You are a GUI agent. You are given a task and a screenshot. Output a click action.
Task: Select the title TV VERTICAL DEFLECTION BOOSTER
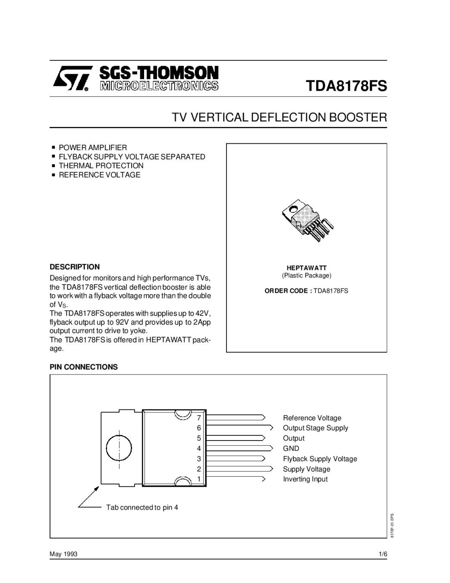(280, 117)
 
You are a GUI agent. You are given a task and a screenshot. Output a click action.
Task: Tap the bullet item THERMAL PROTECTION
(101, 166)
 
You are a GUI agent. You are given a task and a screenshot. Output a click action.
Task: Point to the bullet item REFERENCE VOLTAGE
(99, 175)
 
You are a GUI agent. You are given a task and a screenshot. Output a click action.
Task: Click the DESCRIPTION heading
(75, 267)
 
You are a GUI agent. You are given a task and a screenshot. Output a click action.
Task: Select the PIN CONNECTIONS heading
(84, 367)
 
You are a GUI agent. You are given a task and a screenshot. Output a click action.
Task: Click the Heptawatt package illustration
(307, 219)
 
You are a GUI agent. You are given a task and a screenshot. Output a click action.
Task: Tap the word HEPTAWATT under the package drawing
(307, 268)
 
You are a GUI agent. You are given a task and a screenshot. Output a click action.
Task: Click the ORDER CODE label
(288, 291)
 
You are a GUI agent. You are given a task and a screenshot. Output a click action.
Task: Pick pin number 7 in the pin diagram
(199, 418)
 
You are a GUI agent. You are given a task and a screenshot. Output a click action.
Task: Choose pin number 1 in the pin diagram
(199, 479)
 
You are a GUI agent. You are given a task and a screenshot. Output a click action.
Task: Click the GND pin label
(291, 449)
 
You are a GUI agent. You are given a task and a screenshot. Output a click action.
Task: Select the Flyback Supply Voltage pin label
(320, 459)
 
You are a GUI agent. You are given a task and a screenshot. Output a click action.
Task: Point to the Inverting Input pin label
(305, 479)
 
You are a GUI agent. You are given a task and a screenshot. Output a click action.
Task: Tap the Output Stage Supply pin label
(315, 428)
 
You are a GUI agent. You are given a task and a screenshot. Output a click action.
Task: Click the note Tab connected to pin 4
(142, 507)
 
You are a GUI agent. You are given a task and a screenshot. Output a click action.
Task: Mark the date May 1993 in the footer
(63, 554)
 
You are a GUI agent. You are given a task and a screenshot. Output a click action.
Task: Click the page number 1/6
(382, 554)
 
